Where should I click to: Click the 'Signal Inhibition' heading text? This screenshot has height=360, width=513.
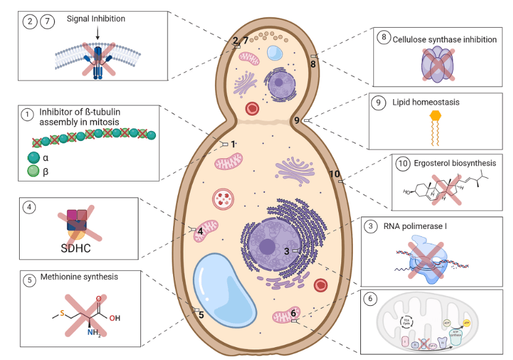(x=95, y=19)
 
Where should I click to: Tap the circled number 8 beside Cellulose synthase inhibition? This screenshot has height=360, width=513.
(x=383, y=38)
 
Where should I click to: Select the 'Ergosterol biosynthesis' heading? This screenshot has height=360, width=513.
(x=453, y=163)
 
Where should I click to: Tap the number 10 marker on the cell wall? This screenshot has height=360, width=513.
(x=334, y=174)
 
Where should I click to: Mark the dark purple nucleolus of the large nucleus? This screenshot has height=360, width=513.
(x=267, y=246)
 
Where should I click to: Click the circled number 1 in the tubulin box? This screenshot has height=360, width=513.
(x=27, y=114)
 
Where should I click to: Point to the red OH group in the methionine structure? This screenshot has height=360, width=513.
(x=115, y=319)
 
